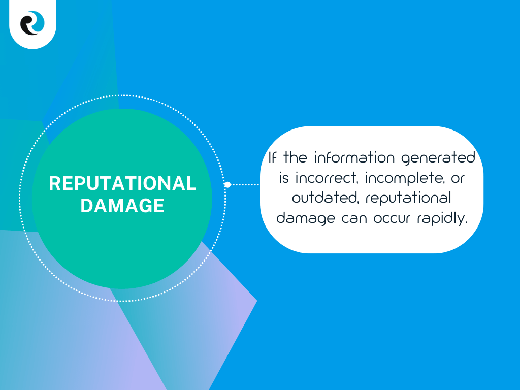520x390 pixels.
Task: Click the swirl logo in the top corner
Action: (x=32, y=23)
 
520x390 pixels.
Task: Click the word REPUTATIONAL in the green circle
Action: (x=122, y=183)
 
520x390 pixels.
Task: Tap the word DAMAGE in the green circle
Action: (x=122, y=205)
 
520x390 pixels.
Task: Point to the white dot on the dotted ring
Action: (x=227, y=185)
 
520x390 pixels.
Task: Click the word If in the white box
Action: (x=273, y=157)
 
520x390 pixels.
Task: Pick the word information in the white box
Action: (x=354, y=157)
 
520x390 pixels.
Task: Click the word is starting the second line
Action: (x=284, y=178)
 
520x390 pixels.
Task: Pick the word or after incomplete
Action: (x=458, y=178)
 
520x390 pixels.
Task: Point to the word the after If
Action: (x=295, y=157)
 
